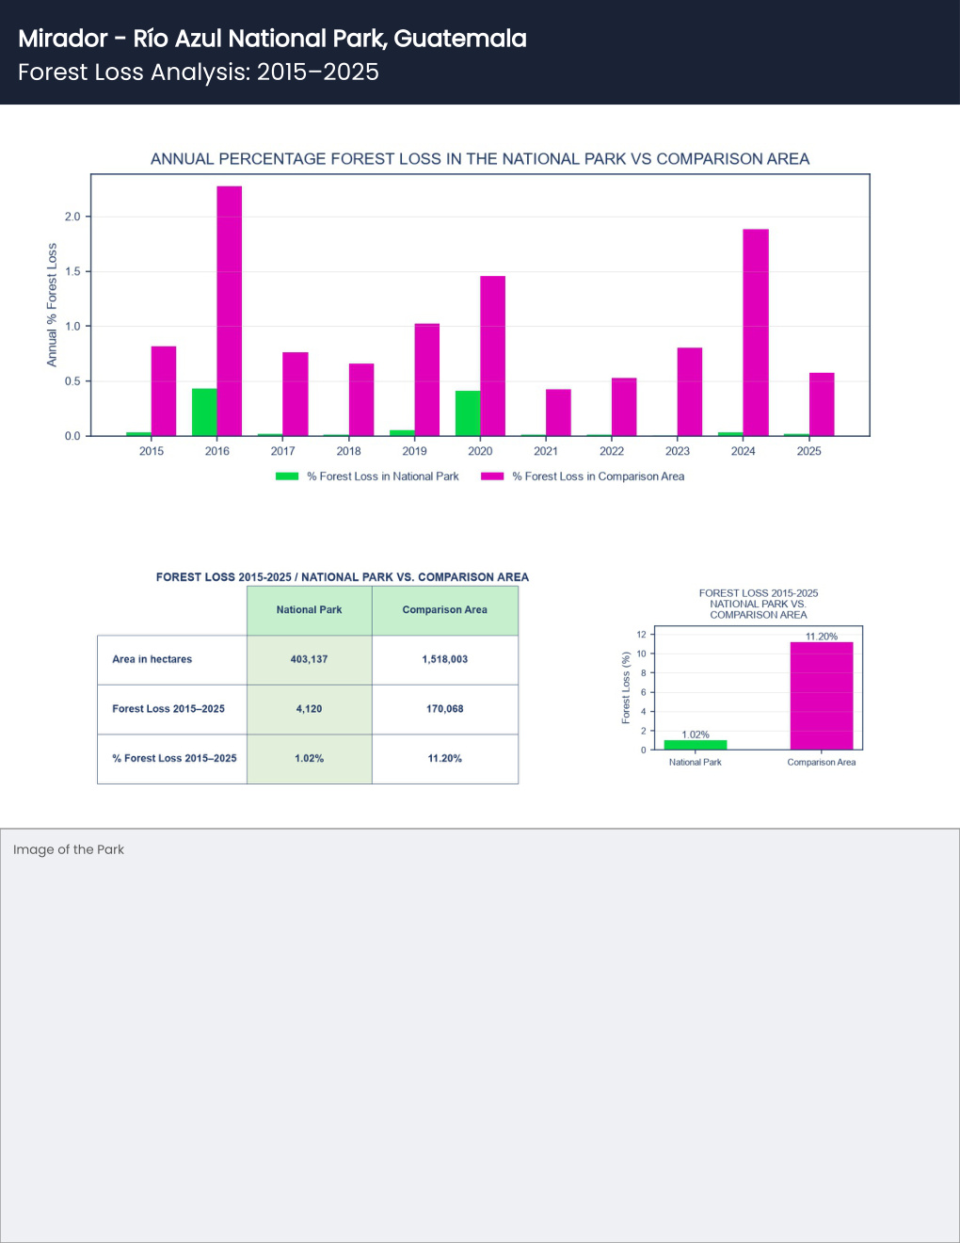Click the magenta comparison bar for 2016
pyautogui.click(x=230, y=311)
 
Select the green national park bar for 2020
pyautogui.click(x=468, y=413)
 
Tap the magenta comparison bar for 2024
pyautogui.click(x=756, y=332)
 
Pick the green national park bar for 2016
pyautogui.click(x=204, y=412)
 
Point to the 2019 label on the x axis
pyautogui.click(x=414, y=451)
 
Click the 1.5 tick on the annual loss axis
pyautogui.click(x=72, y=271)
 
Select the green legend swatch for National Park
pyautogui.click(x=287, y=476)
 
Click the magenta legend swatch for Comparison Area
pyautogui.click(x=492, y=476)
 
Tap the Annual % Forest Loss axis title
pyautogui.click(x=52, y=304)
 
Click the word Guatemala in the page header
pyautogui.click(x=460, y=39)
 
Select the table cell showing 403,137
pyautogui.click(x=310, y=659)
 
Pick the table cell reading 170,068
pyautogui.click(x=445, y=709)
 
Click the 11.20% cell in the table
pyautogui.click(x=445, y=758)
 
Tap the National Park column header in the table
pyautogui.click(x=310, y=610)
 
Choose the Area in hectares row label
pyautogui.click(x=152, y=659)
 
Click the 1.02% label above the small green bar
pyautogui.click(x=696, y=734)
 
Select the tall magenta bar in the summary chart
pyautogui.click(x=822, y=696)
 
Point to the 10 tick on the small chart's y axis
pyautogui.click(x=642, y=654)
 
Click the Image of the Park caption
pyautogui.click(x=69, y=849)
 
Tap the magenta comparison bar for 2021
pyautogui.click(x=558, y=412)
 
